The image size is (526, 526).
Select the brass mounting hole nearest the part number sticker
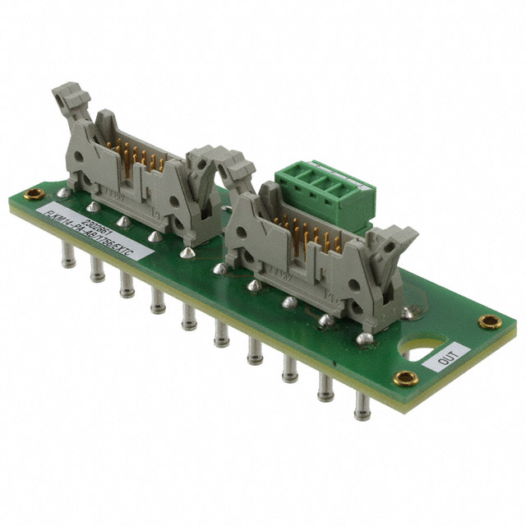[34, 195]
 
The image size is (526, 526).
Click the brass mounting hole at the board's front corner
[404, 378]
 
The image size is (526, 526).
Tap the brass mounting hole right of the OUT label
[490, 321]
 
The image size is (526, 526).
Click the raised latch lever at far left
[70, 102]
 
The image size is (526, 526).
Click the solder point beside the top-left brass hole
[62, 192]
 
